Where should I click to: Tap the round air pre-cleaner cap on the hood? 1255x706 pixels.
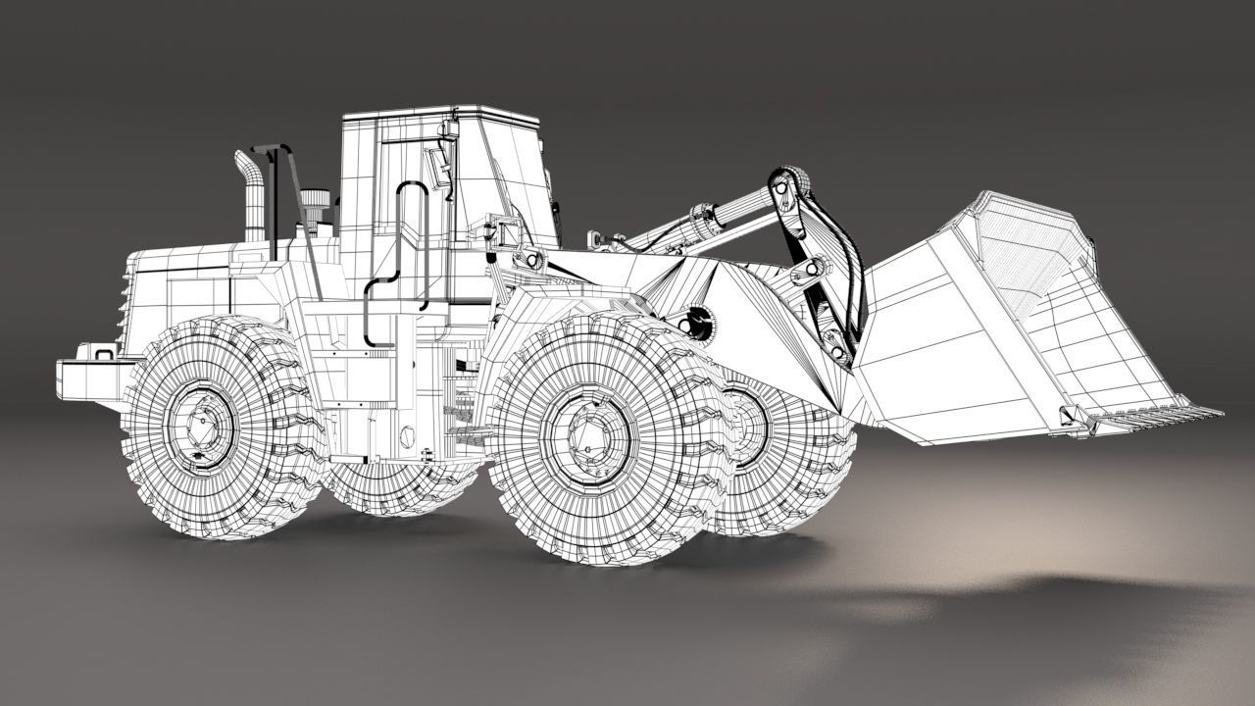tap(314, 200)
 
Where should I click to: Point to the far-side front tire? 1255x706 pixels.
tap(784, 461)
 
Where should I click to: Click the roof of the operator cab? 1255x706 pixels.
tap(441, 112)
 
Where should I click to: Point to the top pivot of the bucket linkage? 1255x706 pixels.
tap(789, 180)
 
